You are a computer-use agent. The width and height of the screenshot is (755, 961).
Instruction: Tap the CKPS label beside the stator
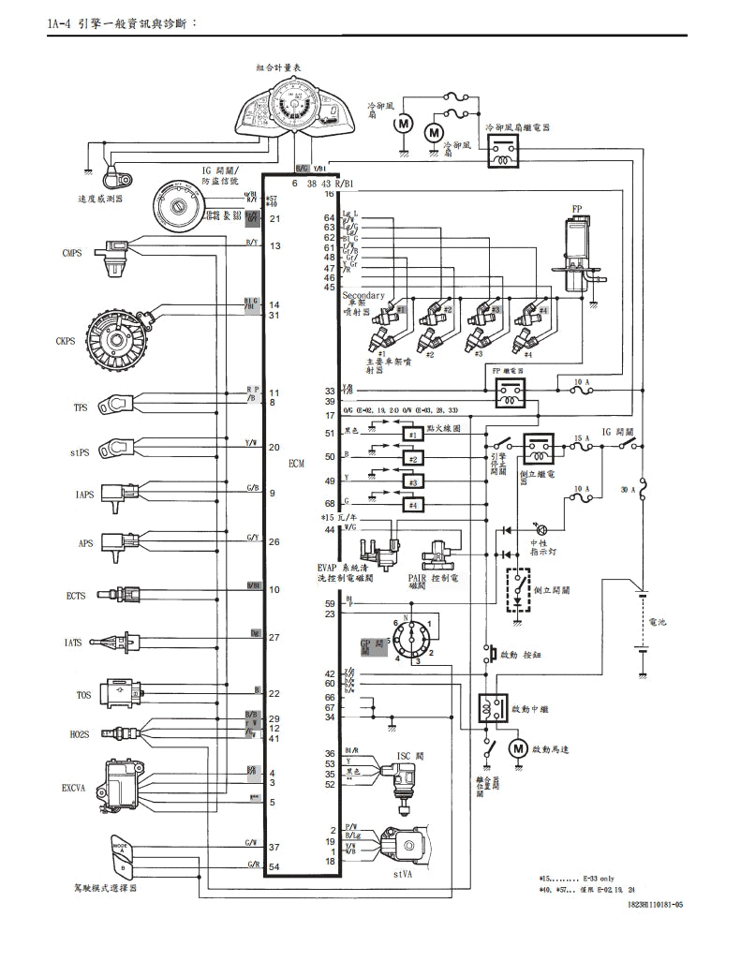[x=66, y=343]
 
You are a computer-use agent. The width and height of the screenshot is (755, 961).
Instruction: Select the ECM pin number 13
[x=275, y=246]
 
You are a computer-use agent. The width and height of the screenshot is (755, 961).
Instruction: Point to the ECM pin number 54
[x=274, y=866]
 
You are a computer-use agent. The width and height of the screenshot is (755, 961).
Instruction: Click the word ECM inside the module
[x=296, y=464]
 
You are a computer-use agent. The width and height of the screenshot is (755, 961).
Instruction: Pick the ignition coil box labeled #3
[x=411, y=482]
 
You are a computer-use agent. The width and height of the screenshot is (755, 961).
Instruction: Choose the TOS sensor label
[x=83, y=694]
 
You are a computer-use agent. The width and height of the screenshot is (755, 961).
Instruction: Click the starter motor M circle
[x=518, y=747]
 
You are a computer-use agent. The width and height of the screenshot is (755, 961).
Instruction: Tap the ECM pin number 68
[x=329, y=503]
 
